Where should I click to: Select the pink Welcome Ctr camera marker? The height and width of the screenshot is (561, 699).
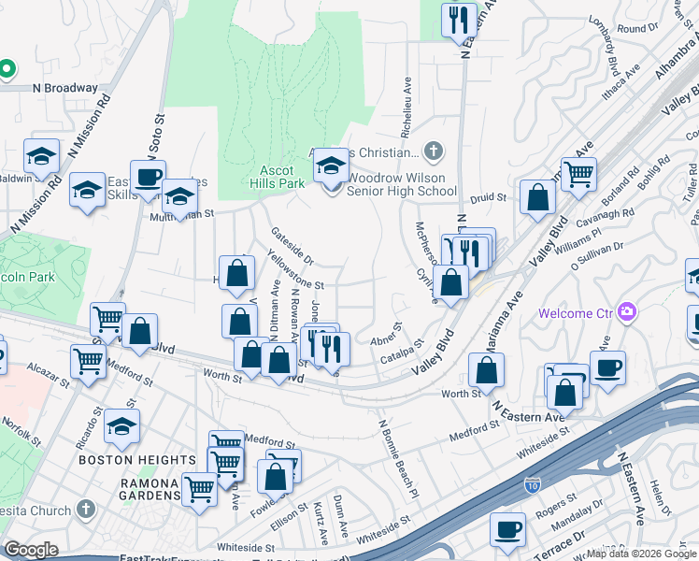(627, 310)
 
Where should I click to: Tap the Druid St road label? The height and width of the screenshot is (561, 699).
(487, 198)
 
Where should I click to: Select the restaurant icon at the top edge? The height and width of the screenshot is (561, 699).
(458, 21)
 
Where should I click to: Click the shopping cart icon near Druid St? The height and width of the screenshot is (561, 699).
(579, 172)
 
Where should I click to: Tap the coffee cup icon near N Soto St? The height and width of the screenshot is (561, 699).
(148, 177)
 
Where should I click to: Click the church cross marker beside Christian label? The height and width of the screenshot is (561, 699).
(432, 150)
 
